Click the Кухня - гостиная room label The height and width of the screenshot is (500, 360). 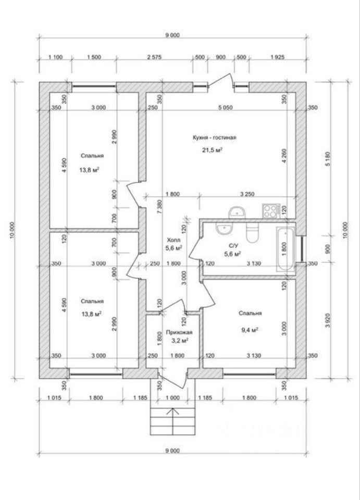214,137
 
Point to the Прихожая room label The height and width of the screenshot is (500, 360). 179,332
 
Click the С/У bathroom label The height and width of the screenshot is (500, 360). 233,245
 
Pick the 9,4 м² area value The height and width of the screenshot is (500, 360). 250,330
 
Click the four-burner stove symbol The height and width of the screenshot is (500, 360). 271,211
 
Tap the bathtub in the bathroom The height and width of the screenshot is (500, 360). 285,249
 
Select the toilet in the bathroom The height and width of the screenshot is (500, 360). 253,231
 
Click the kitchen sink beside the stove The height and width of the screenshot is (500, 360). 237,211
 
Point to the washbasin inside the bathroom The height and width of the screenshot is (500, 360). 224,228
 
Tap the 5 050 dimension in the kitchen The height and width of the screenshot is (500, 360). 226,107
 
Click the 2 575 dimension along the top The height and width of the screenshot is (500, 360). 154,57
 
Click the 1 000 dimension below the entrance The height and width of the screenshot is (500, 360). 173,397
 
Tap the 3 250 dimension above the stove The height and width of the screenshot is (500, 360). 247,194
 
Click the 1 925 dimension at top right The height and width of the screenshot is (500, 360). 277,57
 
